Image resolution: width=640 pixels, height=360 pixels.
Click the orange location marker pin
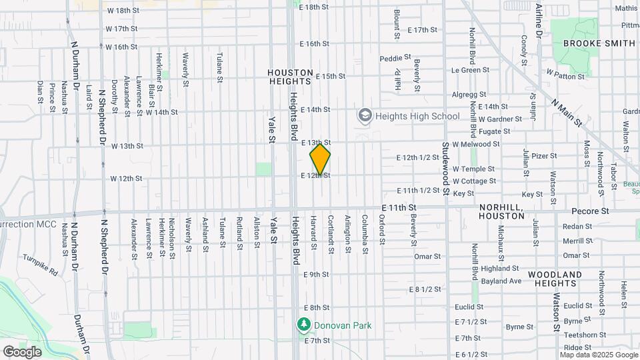click(320, 159)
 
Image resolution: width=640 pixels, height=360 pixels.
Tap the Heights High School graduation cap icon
click(365, 117)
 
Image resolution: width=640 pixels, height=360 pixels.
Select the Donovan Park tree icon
click(304, 325)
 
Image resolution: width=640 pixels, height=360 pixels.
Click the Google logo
click(22, 351)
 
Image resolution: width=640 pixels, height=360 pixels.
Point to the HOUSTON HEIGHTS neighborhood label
click(290, 77)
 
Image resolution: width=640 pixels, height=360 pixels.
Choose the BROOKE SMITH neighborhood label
click(599, 43)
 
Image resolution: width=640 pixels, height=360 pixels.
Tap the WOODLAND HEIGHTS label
click(555, 279)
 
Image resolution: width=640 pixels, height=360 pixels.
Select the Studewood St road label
click(445, 169)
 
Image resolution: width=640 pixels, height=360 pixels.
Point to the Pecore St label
click(591, 211)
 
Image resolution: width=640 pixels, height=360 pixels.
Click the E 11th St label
click(399, 209)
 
